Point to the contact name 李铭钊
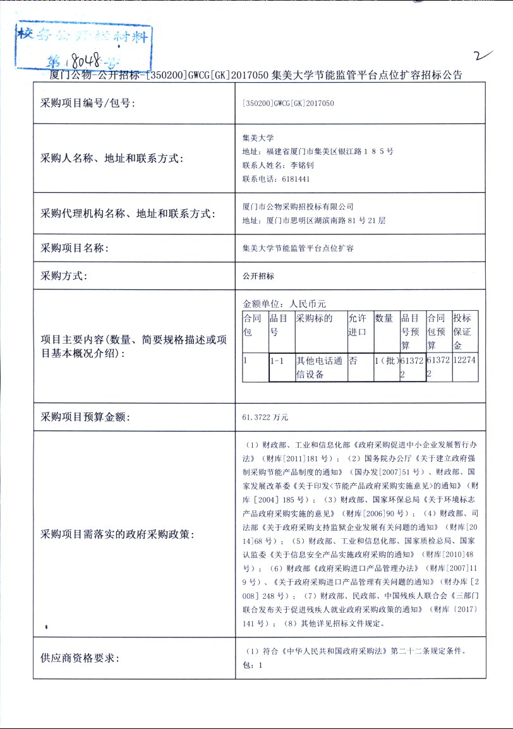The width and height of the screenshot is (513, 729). (302, 166)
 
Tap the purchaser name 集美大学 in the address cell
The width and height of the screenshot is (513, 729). (258, 138)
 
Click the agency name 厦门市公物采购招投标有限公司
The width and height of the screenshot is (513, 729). (298, 207)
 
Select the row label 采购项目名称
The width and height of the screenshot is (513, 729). (75, 248)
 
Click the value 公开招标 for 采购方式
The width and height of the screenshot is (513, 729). (258, 276)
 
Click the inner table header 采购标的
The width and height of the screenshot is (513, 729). (315, 318)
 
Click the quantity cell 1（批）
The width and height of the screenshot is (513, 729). (385, 361)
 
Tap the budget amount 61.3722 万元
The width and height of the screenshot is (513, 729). (265, 417)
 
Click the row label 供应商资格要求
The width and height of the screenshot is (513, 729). (80, 658)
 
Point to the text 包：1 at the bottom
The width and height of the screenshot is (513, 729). (252, 665)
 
